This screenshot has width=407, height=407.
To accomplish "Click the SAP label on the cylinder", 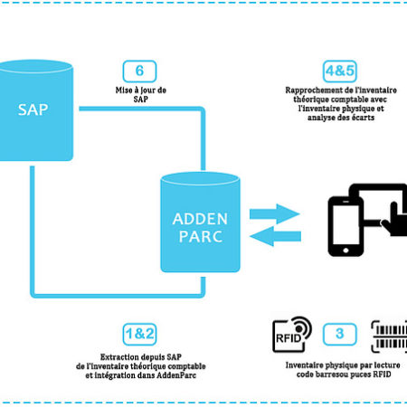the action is (x=33, y=109).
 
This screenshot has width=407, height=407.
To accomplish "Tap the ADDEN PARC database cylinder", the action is (x=200, y=222).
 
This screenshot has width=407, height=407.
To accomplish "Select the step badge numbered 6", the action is (x=139, y=71).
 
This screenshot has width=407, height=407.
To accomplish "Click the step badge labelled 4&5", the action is (x=340, y=71).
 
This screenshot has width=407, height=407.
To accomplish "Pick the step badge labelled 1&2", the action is (x=139, y=334).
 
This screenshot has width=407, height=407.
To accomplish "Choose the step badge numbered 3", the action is (x=340, y=334).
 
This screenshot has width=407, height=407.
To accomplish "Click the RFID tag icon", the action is (x=292, y=335).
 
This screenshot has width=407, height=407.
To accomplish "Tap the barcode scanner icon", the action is (x=389, y=336).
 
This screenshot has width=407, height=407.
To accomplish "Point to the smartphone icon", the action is (x=345, y=226).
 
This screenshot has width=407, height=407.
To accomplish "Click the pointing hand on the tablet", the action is (x=395, y=220).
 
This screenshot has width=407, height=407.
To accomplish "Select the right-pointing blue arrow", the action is (x=275, y=213).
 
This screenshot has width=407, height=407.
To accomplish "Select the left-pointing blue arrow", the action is (x=275, y=236).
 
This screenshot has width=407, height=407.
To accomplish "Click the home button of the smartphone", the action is (x=345, y=251).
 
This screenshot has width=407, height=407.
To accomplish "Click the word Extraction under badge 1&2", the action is (x=119, y=357).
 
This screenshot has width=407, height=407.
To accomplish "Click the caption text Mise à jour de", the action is (x=141, y=90).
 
